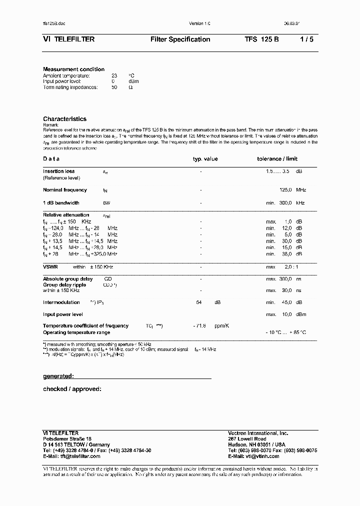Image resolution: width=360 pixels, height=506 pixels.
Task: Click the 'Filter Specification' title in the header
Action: pos(180,39)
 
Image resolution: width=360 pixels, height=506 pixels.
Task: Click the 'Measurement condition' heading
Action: pos(73,69)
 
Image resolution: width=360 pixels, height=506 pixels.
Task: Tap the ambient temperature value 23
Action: pos(114,75)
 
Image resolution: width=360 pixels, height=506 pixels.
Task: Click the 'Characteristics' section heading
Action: pos(64,119)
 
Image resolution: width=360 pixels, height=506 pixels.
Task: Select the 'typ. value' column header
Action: pos(205,159)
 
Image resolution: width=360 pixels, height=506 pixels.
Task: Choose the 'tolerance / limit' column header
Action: pos(277,159)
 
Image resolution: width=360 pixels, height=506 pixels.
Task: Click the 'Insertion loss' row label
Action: pos(58,171)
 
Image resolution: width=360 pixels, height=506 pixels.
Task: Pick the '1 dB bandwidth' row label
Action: pos(61,203)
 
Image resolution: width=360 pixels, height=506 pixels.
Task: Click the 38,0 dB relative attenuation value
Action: pos(287,254)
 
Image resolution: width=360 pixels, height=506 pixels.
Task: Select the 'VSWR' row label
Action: pos(50,267)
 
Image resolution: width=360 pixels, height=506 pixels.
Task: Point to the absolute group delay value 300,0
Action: pos(285,278)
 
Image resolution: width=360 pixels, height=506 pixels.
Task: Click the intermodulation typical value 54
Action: pos(198,302)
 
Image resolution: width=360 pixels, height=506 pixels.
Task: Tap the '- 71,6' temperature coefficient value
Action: pos(200,326)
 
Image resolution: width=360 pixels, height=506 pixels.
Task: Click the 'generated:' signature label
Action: pos(58,375)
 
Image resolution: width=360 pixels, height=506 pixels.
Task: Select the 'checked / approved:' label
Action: pos(72,388)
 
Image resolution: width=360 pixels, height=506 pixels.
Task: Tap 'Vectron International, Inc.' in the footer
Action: pos(258,433)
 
